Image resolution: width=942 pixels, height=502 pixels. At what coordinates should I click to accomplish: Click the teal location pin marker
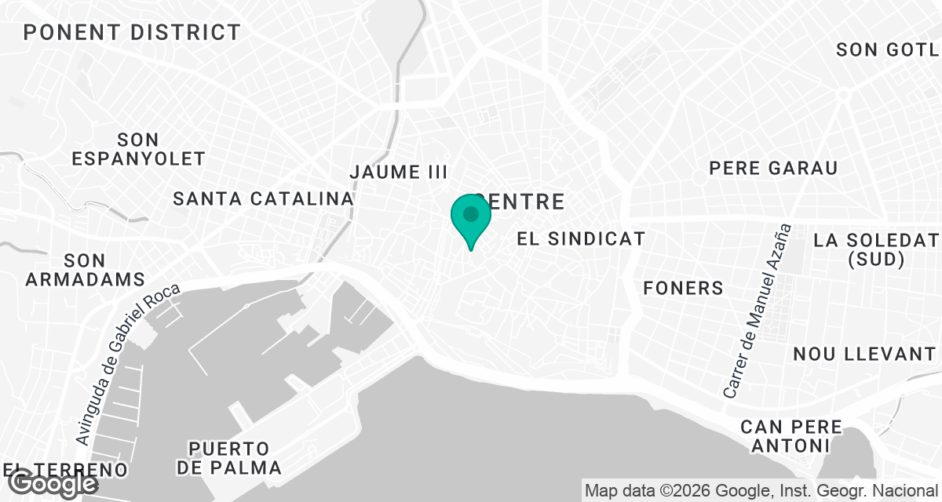pos(470,216)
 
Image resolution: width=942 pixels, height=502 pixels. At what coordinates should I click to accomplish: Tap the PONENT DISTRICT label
pos(132,32)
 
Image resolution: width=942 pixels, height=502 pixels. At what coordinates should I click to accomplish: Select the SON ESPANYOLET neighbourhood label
pos(138,149)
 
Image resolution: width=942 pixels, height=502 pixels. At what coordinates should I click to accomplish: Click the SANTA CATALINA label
pos(263,198)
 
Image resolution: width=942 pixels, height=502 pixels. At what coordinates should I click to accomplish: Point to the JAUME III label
pos(398,172)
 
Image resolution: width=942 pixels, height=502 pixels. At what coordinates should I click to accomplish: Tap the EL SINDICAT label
pos(581,238)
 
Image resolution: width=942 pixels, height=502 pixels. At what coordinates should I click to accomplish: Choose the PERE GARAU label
pos(773,168)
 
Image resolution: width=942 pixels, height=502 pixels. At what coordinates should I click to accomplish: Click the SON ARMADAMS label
pos(85,269)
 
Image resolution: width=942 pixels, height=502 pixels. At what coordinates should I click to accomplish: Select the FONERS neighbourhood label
pos(683,288)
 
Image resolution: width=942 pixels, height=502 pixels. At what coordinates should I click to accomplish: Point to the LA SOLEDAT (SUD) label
pos(876,249)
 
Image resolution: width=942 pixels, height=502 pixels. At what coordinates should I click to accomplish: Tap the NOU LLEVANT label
pos(864,354)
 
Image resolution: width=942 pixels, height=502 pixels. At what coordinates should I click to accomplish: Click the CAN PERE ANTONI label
pos(791,437)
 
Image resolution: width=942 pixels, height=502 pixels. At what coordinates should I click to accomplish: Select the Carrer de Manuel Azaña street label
pos(757,311)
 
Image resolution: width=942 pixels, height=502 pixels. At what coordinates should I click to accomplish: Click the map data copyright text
pos(761,491)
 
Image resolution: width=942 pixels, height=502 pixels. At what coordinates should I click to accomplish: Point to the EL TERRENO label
pos(66,470)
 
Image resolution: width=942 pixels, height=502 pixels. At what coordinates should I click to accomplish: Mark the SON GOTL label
pos(888,50)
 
